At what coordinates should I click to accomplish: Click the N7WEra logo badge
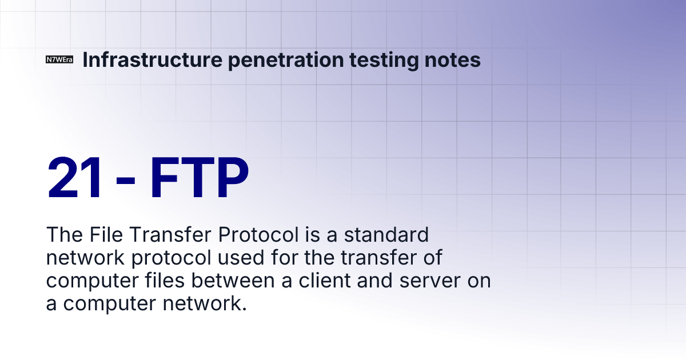coord(59,60)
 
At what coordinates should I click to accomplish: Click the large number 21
coord(76,177)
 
